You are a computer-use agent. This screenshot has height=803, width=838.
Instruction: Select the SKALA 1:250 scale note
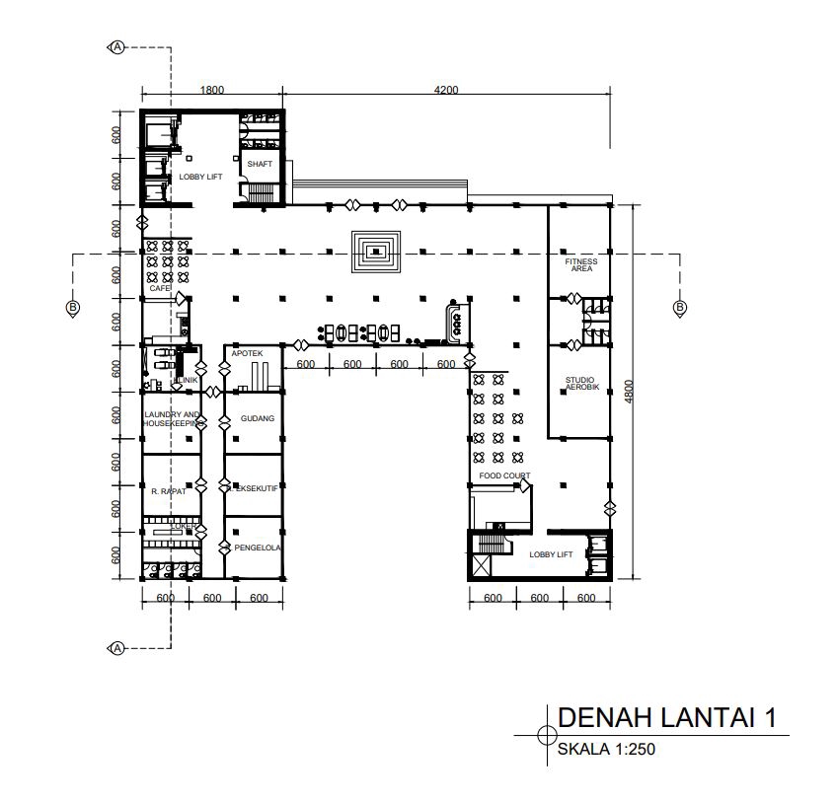pyautogui.click(x=606, y=749)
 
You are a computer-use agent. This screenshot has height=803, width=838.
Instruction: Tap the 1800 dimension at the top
pyautogui.click(x=211, y=90)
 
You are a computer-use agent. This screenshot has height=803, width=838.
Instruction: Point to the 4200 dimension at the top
pyautogui.click(x=446, y=90)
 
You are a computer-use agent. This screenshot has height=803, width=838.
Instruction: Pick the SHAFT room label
pyautogui.click(x=260, y=164)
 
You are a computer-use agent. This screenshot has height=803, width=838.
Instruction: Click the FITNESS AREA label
pyautogui.click(x=580, y=264)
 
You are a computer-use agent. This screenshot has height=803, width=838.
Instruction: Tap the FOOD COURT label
pyautogui.click(x=504, y=475)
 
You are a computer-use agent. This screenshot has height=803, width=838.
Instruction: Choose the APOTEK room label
pyautogui.click(x=246, y=352)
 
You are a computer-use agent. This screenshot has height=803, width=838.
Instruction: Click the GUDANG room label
pyautogui.click(x=257, y=418)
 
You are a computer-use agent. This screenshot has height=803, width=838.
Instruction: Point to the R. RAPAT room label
pyautogui.click(x=169, y=489)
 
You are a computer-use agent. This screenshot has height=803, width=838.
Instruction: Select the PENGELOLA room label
pyautogui.click(x=259, y=547)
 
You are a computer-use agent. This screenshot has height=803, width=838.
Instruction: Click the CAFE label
pyautogui.click(x=160, y=288)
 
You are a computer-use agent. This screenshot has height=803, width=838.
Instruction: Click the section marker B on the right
pyautogui.click(x=679, y=309)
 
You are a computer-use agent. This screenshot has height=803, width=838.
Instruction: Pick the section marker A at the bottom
pyautogui.click(x=117, y=647)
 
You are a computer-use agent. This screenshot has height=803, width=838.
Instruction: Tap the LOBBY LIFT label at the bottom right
pyautogui.click(x=551, y=554)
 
